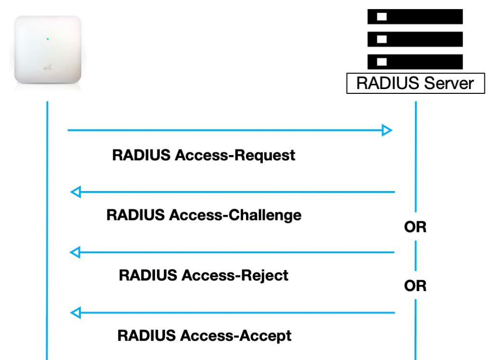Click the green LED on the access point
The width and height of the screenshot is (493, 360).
(x=48, y=39)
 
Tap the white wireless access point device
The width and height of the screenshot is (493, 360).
(x=47, y=51)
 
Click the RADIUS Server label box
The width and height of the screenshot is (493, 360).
(x=415, y=83)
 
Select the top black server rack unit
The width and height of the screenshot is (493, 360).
(x=415, y=17)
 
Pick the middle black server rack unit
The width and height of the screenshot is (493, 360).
(x=415, y=39)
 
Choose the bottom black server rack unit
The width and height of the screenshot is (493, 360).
(x=415, y=62)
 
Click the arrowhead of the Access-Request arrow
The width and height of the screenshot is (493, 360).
(x=387, y=130)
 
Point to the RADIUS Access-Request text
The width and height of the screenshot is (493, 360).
(x=204, y=155)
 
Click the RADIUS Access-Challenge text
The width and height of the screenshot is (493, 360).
(x=204, y=215)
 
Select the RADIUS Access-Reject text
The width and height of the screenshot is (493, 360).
(x=204, y=275)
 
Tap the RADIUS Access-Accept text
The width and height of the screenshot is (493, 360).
(x=205, y=335)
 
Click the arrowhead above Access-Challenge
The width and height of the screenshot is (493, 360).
(x=75, y=192)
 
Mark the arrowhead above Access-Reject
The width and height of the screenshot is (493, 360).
(x=75, y=252)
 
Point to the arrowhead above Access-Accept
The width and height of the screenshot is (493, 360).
(x=75, y=313)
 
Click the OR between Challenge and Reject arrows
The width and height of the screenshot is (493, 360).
(x=415, y=227)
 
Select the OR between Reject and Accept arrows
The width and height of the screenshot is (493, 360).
(x=415, y=286)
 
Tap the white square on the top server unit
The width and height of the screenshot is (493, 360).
(x=382, y=17)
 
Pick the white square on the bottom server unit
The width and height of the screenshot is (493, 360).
(x=382, y=62)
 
